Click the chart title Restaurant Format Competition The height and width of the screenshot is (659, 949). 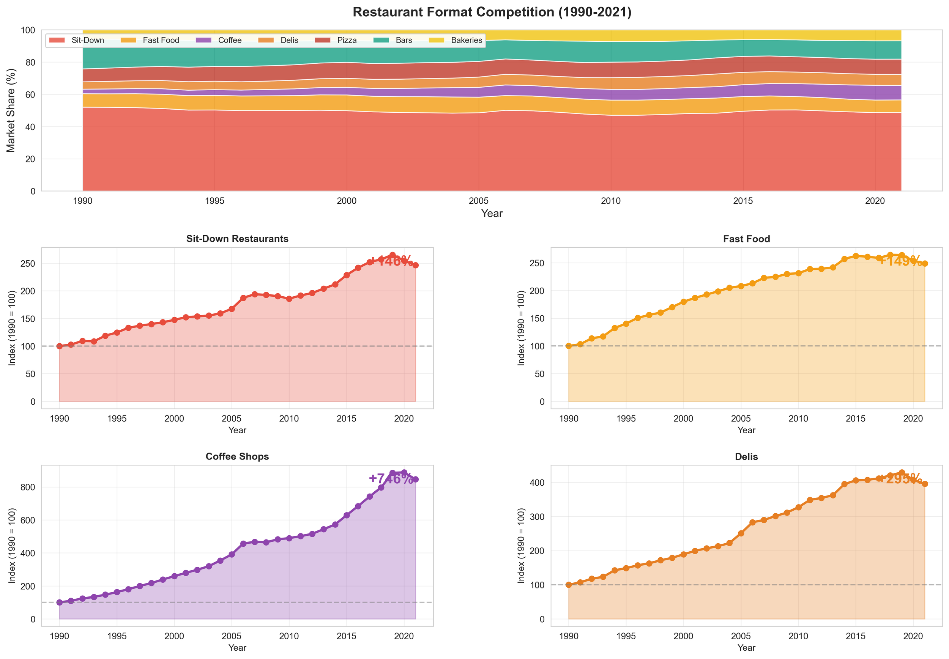[492, 13]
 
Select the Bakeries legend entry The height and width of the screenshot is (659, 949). [466, 40]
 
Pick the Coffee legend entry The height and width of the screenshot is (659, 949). [229, 40]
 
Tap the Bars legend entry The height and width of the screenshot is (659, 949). [403, 40]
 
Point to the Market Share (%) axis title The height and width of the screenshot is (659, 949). [11, 110]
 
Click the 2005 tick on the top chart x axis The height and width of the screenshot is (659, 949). [478, 201]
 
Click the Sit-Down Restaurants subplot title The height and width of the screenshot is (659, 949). [237, 239]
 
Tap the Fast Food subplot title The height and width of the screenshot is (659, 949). [746, 239]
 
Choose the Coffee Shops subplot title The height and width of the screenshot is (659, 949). [237, 456]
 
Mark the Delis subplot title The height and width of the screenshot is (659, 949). [746, 456]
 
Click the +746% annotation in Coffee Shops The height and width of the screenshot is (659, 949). [391, 478]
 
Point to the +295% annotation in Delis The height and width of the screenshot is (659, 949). [900, 478]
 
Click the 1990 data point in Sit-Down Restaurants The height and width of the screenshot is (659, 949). [60, 346]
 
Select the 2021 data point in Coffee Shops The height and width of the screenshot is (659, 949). [416, 480]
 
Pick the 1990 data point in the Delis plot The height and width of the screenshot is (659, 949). [569, 585]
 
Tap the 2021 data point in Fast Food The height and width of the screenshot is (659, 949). [925, 263]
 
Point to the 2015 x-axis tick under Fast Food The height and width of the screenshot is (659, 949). [856, 418]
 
